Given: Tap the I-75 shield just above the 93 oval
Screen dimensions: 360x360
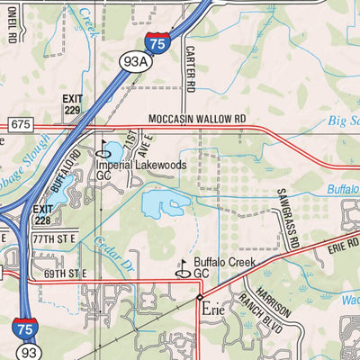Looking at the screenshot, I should tap(25, 326).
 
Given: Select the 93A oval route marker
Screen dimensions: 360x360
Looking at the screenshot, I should tap(133, 61).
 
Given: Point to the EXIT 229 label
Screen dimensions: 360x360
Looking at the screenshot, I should tap(73, 103).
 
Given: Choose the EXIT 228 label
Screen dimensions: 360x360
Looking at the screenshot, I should tap(42, 214).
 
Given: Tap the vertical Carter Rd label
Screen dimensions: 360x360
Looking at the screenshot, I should tap(190, 69).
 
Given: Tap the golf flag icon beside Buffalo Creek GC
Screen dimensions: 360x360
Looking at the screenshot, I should tap(182, 268).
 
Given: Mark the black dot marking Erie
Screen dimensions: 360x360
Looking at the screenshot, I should tap(200, 296).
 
